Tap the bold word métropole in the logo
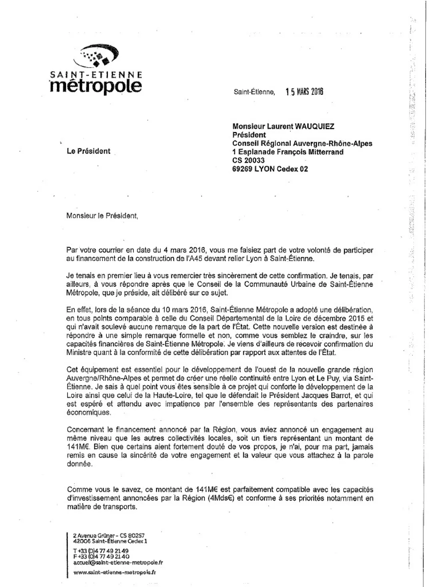click(96, 86)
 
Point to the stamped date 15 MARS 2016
click(304, 92)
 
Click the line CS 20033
click(248, 160)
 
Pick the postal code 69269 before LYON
click(243, 169)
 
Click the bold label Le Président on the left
click(88, 151)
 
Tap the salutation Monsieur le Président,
click(102, 216)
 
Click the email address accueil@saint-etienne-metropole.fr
click(118, 562)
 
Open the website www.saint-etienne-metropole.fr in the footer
click(114, 572)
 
